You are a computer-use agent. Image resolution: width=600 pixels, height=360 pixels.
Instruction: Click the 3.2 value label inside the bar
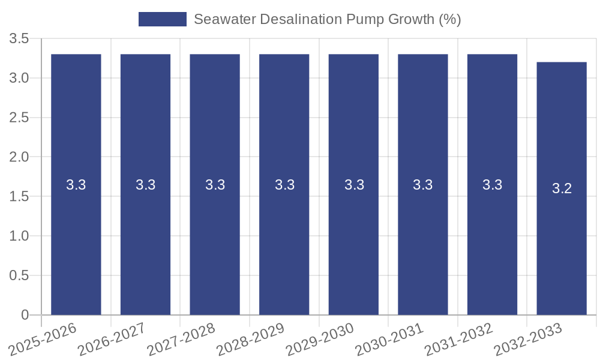tap(562, 188)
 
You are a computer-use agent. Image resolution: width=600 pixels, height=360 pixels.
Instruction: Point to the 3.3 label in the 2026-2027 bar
tap(145, 185)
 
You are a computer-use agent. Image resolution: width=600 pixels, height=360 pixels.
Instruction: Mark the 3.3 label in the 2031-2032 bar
tap(492, 185)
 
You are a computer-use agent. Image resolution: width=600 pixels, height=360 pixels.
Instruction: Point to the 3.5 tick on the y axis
tap(19, 39)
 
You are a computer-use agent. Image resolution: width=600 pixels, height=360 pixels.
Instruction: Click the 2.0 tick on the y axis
tap(19, 157)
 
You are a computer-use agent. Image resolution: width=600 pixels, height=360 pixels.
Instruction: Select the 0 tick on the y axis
tap(25, 315)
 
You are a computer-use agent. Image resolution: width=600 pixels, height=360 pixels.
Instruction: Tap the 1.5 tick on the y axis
tap(19, 197)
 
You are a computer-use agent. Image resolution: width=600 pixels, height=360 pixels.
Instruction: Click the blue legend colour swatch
tap(162, 19)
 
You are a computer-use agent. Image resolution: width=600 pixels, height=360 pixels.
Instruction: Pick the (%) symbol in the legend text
tap(449, 19)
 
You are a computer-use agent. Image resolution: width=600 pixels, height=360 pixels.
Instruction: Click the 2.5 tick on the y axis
tap(19, 118)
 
